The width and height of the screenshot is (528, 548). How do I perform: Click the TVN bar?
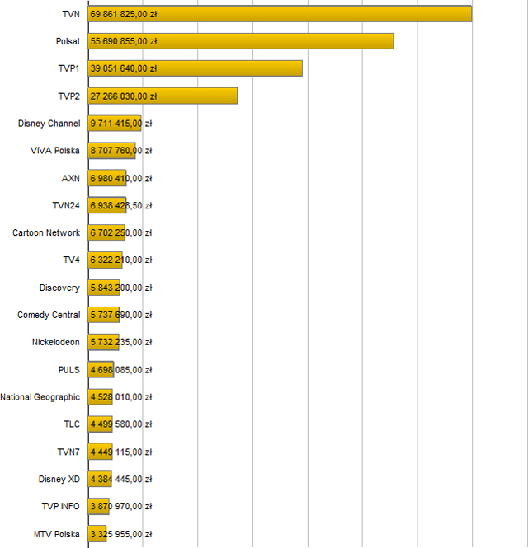280,14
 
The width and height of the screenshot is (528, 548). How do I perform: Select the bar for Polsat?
241,41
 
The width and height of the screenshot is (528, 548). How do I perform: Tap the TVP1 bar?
196,68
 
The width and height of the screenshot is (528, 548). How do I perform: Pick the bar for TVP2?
163,96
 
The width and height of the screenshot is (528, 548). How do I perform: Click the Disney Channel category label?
49,124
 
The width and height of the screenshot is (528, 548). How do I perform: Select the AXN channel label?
71,178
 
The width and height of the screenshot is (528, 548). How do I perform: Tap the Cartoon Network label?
46,232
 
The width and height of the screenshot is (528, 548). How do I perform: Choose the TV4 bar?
105,260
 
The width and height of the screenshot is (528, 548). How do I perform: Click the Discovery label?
59,288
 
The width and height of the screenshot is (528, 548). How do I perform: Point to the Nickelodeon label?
56,342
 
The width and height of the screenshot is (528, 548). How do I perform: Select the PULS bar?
100,369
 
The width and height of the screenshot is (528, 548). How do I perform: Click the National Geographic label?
40,397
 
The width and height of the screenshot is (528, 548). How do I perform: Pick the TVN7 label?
68,452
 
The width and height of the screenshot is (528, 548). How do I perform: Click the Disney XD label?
59,479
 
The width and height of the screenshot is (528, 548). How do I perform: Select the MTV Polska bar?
97,533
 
